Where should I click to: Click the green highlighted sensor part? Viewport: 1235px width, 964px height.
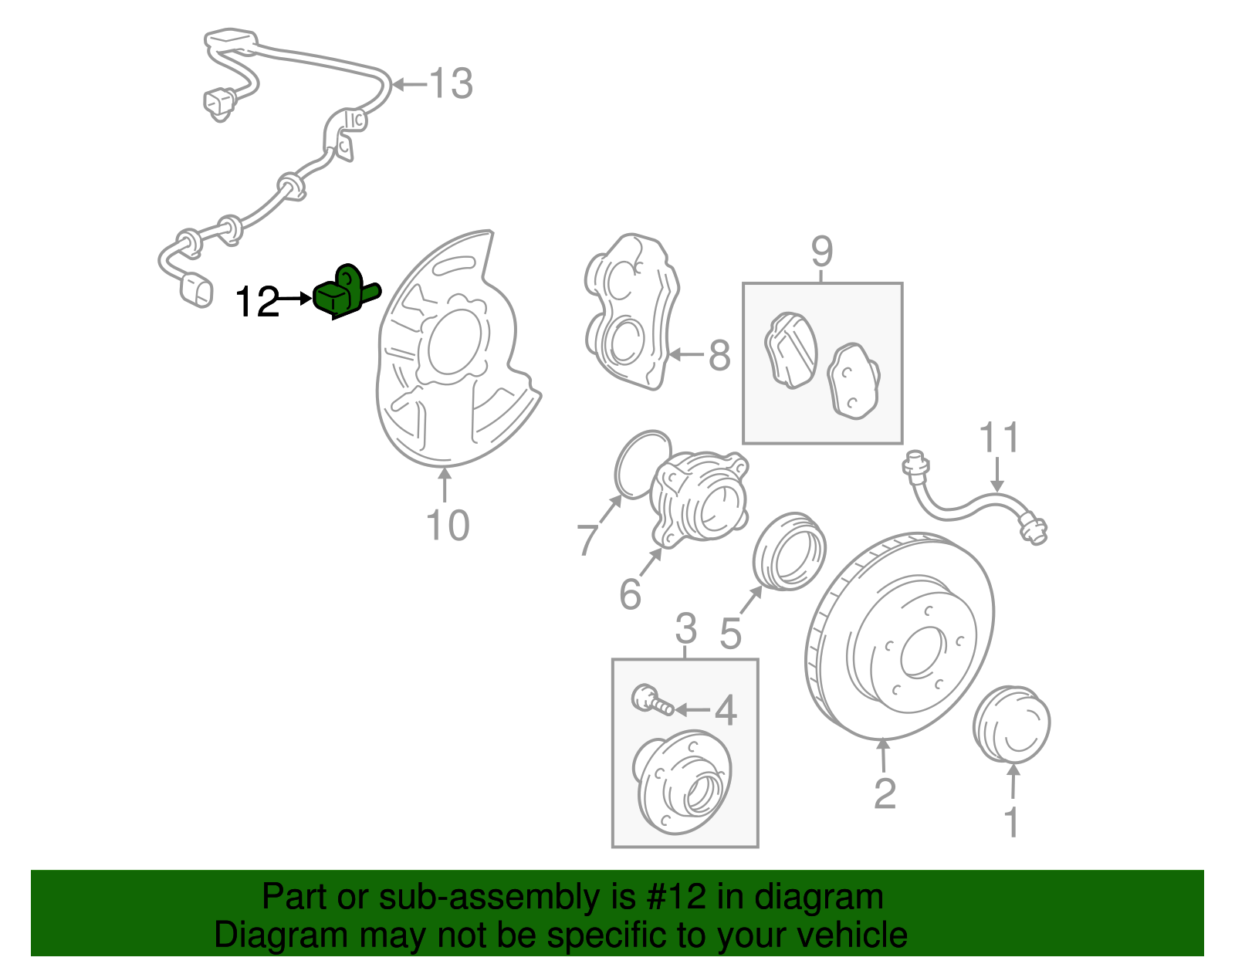343,293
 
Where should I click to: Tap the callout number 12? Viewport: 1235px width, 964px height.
257,303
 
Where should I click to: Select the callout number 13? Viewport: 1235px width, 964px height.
451,83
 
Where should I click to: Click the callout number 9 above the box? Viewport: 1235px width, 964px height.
822,251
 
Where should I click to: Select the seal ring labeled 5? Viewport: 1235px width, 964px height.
789,550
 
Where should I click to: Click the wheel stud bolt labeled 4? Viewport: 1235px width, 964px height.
650,700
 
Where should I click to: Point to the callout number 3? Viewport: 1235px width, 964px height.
685,628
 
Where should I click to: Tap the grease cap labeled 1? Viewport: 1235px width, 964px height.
1011,724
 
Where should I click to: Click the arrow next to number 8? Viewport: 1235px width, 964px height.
686,355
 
